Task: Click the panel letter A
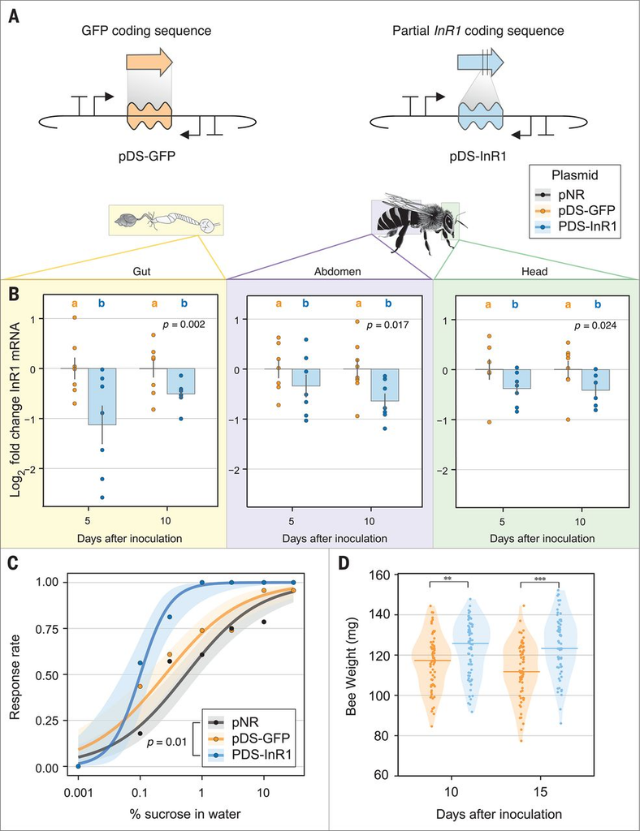pyautogui.click(x=15, y=16)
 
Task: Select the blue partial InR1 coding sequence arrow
pyautogui.click(x=480, y=62)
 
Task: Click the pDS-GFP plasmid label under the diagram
pyautogui.click(x=147, y=157)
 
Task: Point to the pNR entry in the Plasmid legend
pyautogui.click(x=571, y=195)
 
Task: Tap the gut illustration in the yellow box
pyautogui.click(x=166, y=221)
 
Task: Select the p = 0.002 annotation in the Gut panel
pyautogui.click(x=184, y=325)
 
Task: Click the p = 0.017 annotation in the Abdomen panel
pyautogui.click(x=387, y=325)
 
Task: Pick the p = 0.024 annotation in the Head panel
pyautogui.click(x=595, y=325)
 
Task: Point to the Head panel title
pyautogui.click(x=534, y=271)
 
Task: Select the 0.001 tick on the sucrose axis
pyautogui.click(x=79, y=794)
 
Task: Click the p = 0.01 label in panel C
pyautogui.click(x=167, y=742)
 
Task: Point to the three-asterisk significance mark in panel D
pyautogui.click(x=540, y=579)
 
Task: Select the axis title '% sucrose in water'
pyautogui.click(x=185, y=813)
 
